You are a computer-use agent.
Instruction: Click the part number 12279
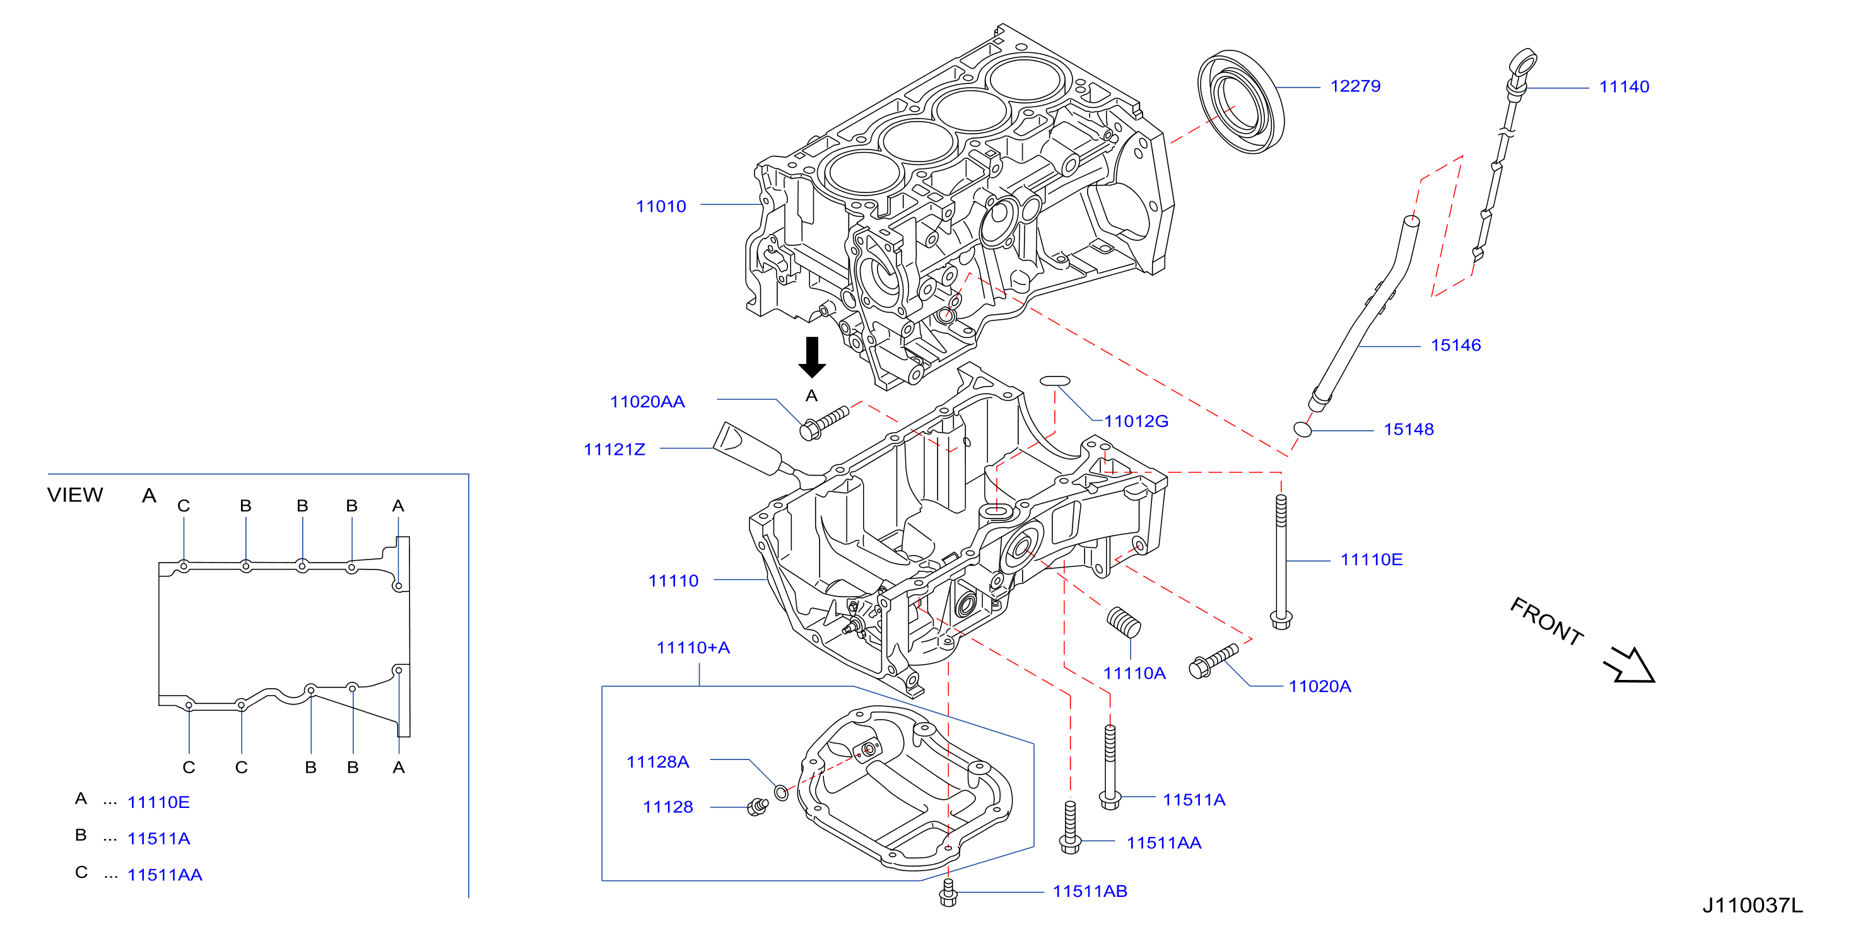click(x=1355, y=86)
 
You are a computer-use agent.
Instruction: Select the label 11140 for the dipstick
click(x=1624, y=86)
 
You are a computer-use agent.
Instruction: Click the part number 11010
click(x=661, y=206)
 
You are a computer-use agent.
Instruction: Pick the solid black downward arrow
click(x=811, y=356)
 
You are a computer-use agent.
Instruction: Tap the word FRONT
click(x=1548, y=621)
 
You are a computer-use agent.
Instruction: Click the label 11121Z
click(x=614, y=449)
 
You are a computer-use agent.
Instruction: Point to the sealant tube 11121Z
click(x=764, y=453)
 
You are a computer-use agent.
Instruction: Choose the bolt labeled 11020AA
click(x=824, y=423)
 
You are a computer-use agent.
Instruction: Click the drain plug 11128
click(x=758, y=807)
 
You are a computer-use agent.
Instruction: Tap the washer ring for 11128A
click(x=781, y=793)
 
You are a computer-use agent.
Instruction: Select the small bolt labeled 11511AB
click(x=948, y=892)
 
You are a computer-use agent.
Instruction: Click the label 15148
click(x=1408, y=430)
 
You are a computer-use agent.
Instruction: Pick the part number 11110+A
click(x=693, y=647)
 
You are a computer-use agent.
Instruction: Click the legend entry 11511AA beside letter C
click(x=165, y=875)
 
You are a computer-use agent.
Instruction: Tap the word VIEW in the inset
click(x=75, y=495)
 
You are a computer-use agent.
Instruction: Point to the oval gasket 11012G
click(x=1055, y=381)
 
